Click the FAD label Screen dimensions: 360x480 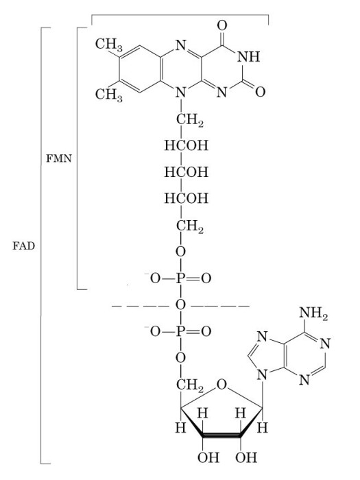pyautogui.click(x=23, y=245)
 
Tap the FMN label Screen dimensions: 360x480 pyautogui.click(x=59, y=158)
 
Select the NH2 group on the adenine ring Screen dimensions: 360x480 pyautogui.click(x=313, y=313)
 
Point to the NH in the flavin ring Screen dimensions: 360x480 pyautogui.click(x=248, y=57)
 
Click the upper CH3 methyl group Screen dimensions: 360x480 pyautogui.click(x=108, y=45)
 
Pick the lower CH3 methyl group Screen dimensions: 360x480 pyautogui.click(x=108, y=95)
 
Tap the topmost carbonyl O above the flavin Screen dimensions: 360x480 pyautogui.click(x=222, y=25)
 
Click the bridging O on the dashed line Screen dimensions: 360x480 pyautogui.click(x=180, y=305)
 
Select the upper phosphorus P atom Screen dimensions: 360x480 pyautogui.click(x=180, y=278)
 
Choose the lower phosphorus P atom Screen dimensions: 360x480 pyautogui.click(x=180, y=331)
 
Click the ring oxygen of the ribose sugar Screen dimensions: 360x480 pyautogui.click(x=222, y=385)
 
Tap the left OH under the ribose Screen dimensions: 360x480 pyautogui.click(x=208, y=457)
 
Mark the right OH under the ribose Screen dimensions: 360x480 pyautogui.click(x=246, y=457)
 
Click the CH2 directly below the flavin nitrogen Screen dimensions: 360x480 pyautogui.click(x=189, y=120)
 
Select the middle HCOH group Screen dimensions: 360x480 pyautogui.click(x=187, y=172)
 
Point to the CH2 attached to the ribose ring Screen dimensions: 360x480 pyautogui.click(x=189, y=385)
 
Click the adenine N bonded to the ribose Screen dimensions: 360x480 pyautogui.click(x=263, y=374)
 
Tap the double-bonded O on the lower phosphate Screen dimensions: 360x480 pyautogui.click(x=206, y=331)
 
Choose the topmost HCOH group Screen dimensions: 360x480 pyautogui.click(x=187, y=145)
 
